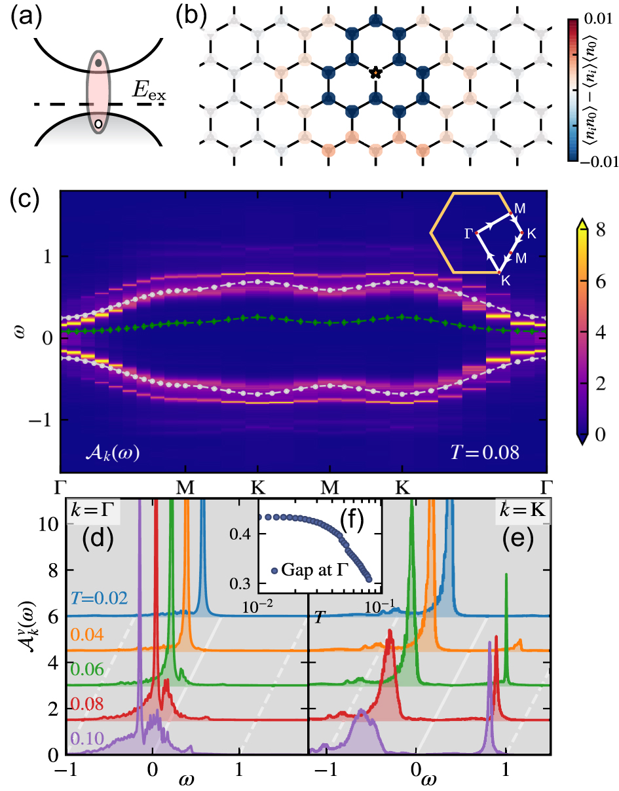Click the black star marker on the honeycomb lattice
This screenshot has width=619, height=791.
pos(375,72)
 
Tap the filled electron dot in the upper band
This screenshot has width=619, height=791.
pos(98,63)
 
